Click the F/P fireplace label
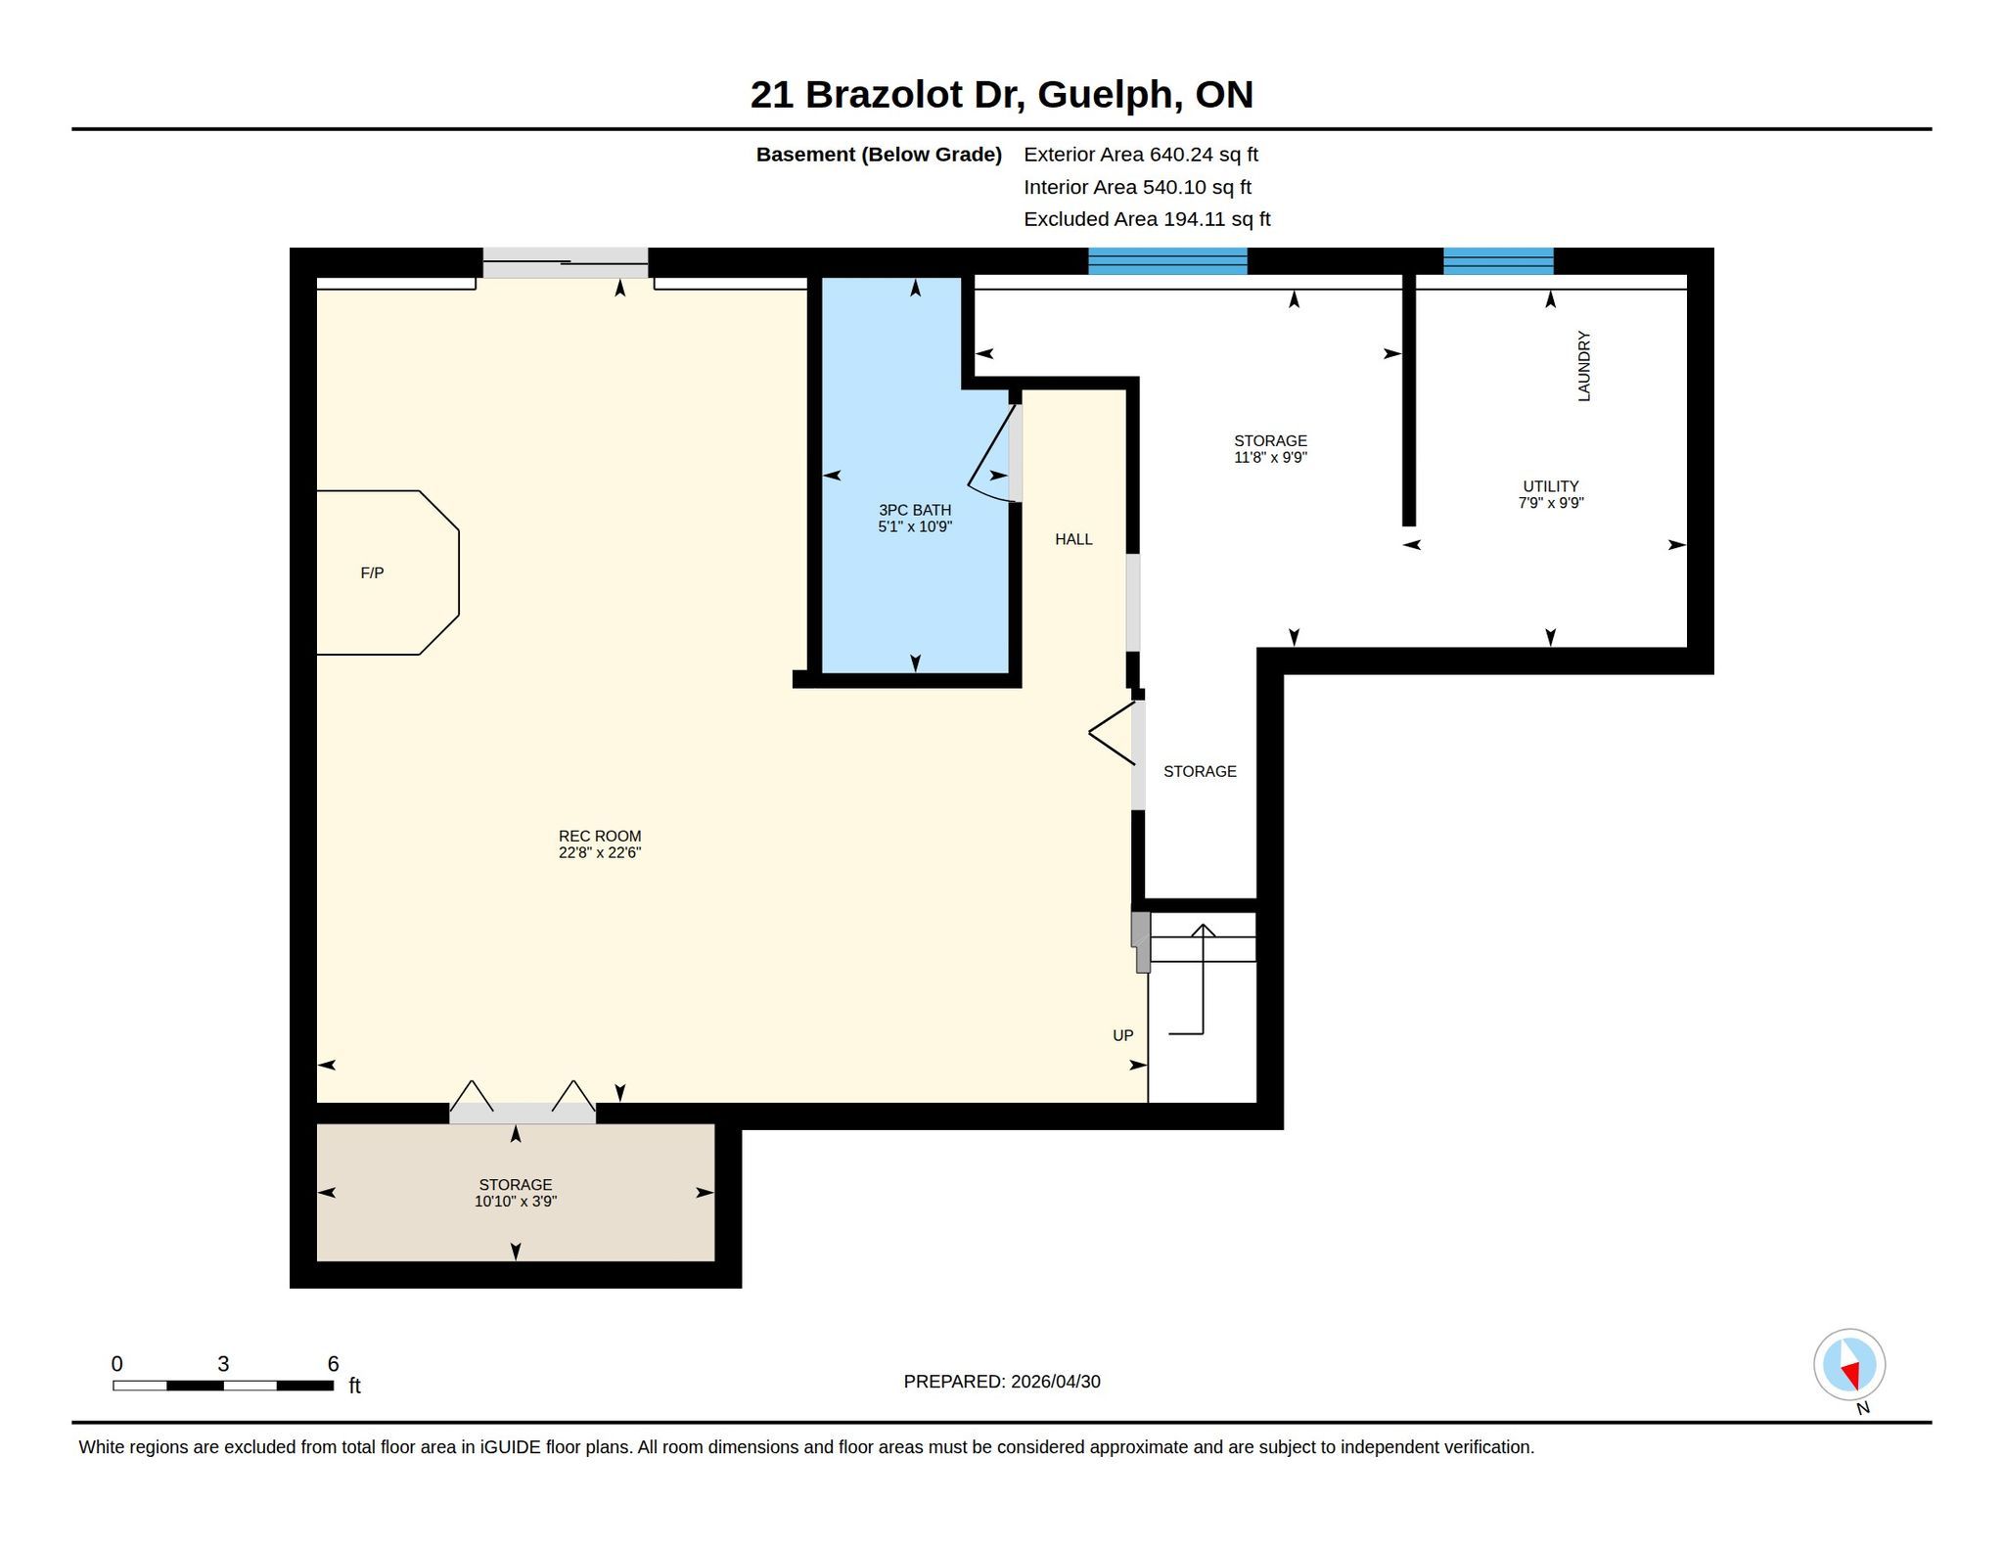372,573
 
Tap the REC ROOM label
600,836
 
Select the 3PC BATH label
915,510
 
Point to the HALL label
1073,539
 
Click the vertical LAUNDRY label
1584,366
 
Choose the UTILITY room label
1551,486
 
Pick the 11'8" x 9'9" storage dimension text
1271,457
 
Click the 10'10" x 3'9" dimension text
516,1202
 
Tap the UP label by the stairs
1123,1035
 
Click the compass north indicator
1849,1365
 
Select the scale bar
223,1386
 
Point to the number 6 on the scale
333,1364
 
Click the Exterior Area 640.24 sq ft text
1141,155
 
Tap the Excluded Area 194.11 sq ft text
1147,219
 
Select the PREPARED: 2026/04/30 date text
1002,1382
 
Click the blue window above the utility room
1498,261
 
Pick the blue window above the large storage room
1167,261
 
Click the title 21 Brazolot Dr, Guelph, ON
1002,95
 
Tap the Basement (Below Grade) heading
879,155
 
